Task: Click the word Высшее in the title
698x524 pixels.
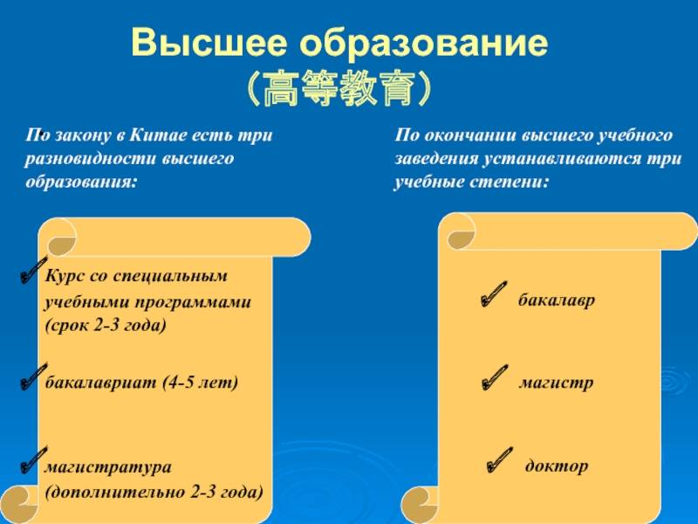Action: (209, 42)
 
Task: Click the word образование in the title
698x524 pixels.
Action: (423, 42)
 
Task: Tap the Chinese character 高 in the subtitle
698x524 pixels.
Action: (280, 88)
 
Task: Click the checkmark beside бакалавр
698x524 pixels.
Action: (494, 294)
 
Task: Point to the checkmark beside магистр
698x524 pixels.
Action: (495, 377)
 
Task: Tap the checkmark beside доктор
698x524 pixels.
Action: (499, 460)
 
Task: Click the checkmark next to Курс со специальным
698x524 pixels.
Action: (34, 270)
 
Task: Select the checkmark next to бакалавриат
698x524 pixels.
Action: (34, 377)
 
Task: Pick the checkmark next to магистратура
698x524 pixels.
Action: (34, 461)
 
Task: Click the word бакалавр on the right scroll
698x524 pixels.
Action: (557, 300)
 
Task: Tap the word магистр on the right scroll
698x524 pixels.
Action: (556, 383)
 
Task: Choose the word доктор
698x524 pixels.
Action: (557, 465)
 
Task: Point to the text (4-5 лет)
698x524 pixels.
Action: (201, 383)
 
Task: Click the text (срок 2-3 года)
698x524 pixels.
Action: (106, 325)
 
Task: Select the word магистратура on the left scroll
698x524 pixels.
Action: (108, 467)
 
